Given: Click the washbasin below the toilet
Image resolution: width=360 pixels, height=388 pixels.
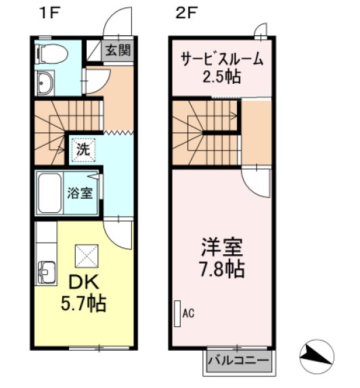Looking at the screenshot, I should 47,83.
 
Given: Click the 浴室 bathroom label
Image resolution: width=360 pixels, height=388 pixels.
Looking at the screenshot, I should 80,193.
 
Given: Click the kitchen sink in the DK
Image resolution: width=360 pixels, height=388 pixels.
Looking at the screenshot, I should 45,272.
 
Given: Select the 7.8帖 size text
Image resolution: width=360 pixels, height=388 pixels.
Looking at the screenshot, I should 221,270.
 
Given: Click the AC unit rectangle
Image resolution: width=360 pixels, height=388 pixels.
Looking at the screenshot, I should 177,314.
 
